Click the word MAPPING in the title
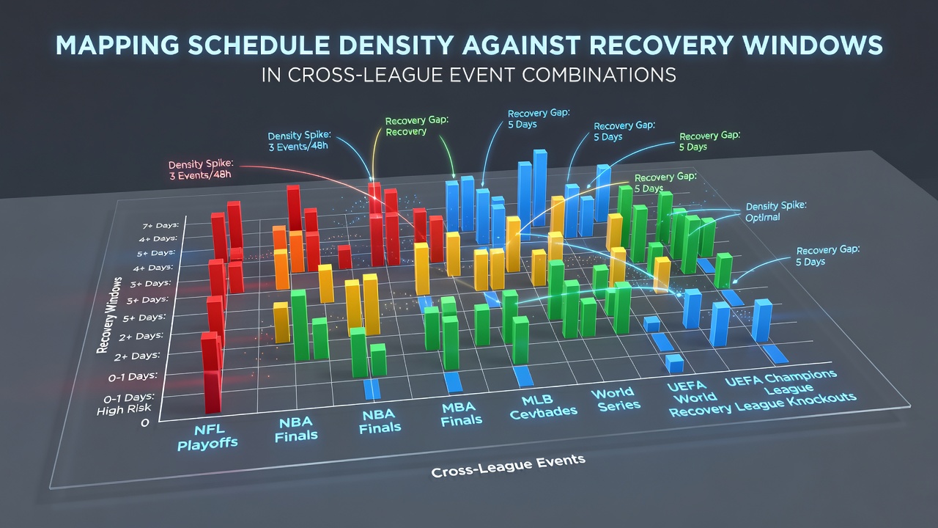coord(117,45)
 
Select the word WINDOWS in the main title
coord(813,45)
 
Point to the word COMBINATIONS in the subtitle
coord(599,75)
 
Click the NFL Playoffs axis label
coord(207,436)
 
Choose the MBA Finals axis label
coord(461,413)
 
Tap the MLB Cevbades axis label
coord(543,407)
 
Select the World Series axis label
coord(616,400)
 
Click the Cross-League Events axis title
coord(508,466)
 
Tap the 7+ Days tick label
coord(160,225)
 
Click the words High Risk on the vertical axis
coord(124,410)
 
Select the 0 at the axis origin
coord(145,423)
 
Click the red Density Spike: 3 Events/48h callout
coord(201,169)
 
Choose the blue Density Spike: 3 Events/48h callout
coord(299,142)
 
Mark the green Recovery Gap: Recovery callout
coord(417,126)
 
